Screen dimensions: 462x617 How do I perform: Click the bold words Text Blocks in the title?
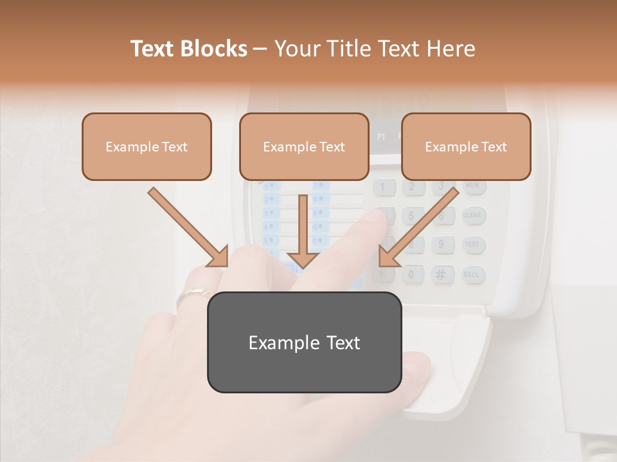[x=188, y=49]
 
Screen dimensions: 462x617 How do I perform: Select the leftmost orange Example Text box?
[x=147, y=146]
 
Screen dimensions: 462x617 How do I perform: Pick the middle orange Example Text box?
[x=304, y=146]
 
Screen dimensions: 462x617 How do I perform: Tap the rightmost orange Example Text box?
[x=466, y=146]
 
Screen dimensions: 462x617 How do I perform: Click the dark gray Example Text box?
[x=304, y=342]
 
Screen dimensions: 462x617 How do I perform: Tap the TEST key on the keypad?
[x=472, y=244]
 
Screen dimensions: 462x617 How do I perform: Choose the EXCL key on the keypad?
[x=472, y=275]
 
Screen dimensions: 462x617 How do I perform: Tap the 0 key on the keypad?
[x=412, y=275]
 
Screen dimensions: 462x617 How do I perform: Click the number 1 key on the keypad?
[x=383, y=187]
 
